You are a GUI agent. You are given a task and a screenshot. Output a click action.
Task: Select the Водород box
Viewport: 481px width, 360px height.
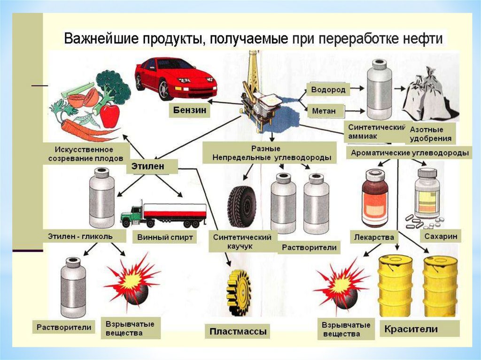[328, 90]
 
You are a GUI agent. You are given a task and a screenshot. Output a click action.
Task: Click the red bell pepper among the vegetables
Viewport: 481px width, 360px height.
[109, 115]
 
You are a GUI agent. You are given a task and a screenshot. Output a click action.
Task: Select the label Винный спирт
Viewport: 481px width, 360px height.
[165, 237]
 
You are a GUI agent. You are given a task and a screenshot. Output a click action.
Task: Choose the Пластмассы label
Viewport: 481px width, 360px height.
[238, 332]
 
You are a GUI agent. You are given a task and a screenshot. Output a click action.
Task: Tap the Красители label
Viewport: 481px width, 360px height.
[411, 329]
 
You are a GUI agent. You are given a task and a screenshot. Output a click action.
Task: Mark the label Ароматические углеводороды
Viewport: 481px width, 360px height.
[410, 153]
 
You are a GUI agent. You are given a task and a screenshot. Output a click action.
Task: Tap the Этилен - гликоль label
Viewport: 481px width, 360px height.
[80, 236]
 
